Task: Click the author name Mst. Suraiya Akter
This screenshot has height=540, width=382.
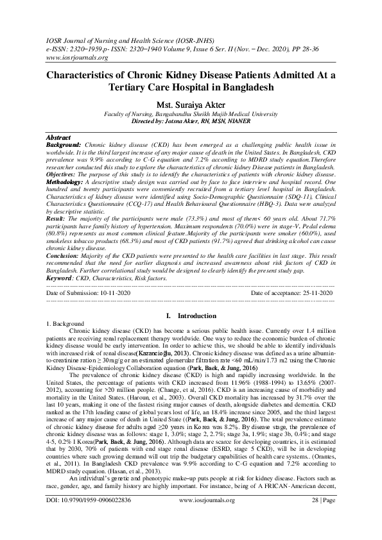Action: pos(191,105)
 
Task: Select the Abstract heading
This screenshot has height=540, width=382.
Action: pos(59,138)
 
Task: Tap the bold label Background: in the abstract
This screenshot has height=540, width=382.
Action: pos(64,146)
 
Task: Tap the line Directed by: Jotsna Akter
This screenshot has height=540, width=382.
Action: pos(191,121)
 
